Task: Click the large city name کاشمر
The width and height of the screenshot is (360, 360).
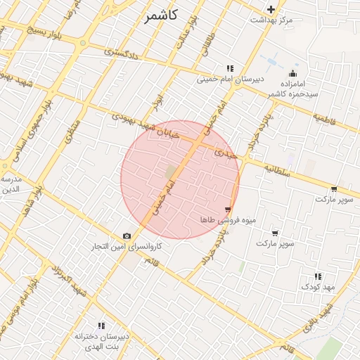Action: tap(162, 15)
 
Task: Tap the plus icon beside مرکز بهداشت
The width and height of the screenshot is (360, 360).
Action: tap(271, 9)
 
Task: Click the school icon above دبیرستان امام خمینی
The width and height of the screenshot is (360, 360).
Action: tap(230, 68)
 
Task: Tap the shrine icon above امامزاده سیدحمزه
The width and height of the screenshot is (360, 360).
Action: tap(293, 73)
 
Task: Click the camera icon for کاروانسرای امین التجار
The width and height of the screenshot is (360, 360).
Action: tap(127, 236)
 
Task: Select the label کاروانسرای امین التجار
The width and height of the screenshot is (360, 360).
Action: tap(127, 247)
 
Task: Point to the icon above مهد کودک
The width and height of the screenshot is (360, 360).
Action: tap(318, 276)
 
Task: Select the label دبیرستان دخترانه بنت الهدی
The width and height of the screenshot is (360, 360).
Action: tap(103, 342)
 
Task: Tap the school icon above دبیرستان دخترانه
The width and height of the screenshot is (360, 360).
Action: tap(102, 326)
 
